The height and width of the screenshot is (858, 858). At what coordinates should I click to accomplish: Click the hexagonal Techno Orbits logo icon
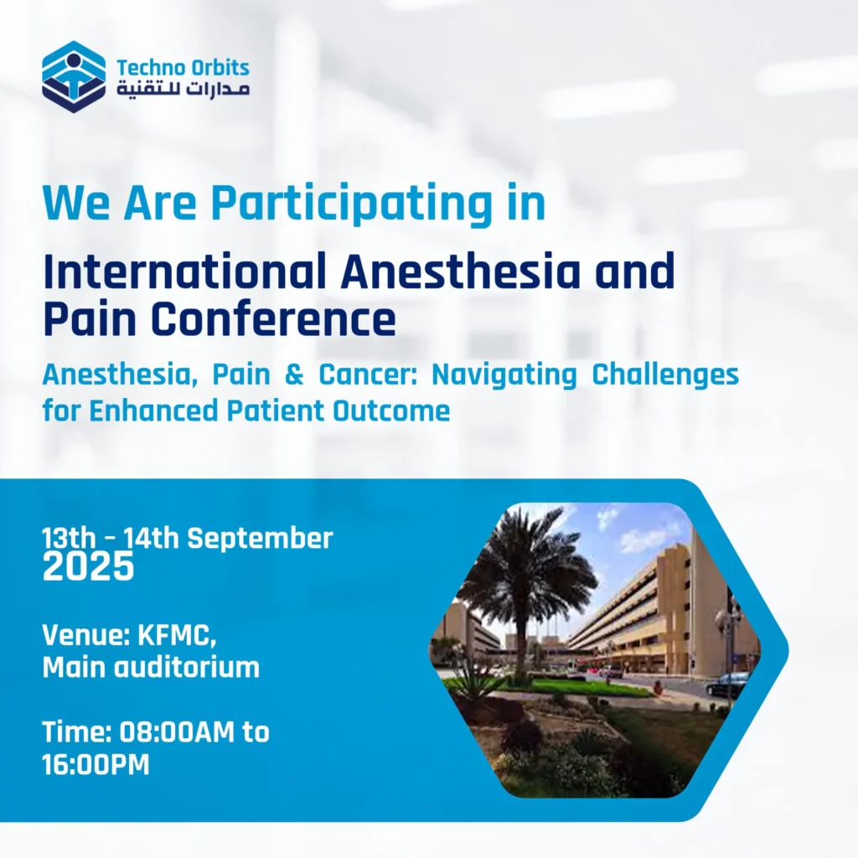point(74,76)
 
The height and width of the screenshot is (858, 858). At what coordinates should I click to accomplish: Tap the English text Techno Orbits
point(183,68)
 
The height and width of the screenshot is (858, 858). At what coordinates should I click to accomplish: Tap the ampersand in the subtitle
point(294,375)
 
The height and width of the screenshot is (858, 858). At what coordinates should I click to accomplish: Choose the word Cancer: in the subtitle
point(368,375)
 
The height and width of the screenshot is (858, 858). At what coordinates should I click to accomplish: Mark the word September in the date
point(260,540)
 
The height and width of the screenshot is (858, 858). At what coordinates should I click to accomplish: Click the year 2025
point(88,566)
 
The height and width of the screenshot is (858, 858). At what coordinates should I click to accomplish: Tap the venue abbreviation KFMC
point(177,636)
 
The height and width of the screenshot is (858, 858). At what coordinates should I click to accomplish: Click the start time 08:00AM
point(177,732)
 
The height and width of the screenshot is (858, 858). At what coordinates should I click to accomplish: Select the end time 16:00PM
point(96,765)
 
